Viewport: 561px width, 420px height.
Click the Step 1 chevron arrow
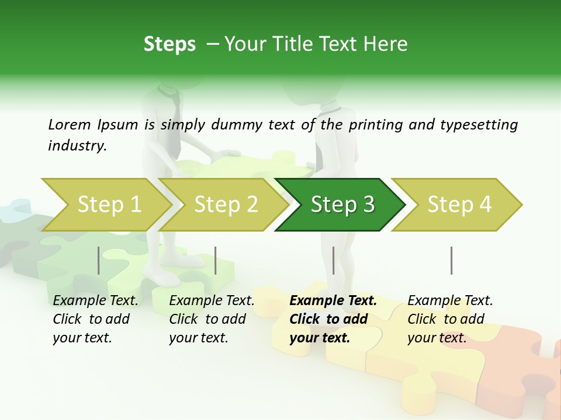109,204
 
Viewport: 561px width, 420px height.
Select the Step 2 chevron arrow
226,204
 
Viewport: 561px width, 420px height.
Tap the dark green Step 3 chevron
342,204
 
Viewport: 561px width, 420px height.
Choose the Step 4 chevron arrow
459,204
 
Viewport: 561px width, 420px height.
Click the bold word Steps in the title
169,44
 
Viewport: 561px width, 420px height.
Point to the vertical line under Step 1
98,260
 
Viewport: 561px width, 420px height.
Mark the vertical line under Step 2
216,260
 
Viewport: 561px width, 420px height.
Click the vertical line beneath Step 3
333,260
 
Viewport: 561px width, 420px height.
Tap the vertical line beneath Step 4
451,260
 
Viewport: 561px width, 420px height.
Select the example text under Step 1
95,319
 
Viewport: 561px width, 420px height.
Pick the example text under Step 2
212,319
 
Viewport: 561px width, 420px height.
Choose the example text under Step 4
450,319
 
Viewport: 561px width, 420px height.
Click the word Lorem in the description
70,124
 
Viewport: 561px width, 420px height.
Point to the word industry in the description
77,145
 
